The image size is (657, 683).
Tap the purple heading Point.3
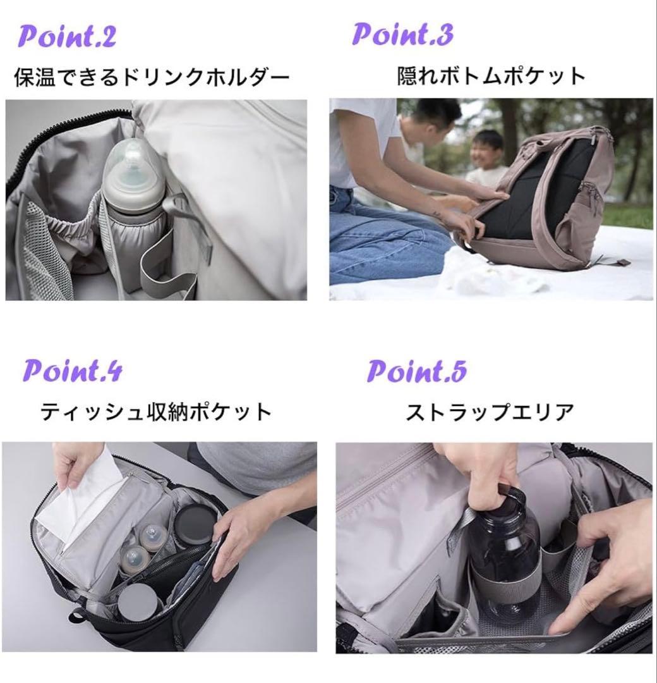402,34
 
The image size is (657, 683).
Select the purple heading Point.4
73,371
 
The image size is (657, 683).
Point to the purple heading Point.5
417,371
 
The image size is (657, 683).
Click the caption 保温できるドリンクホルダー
152,78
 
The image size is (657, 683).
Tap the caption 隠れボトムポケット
491,77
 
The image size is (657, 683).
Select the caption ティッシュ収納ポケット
156,412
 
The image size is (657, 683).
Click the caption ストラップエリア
490,412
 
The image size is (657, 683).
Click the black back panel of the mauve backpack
537,190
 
